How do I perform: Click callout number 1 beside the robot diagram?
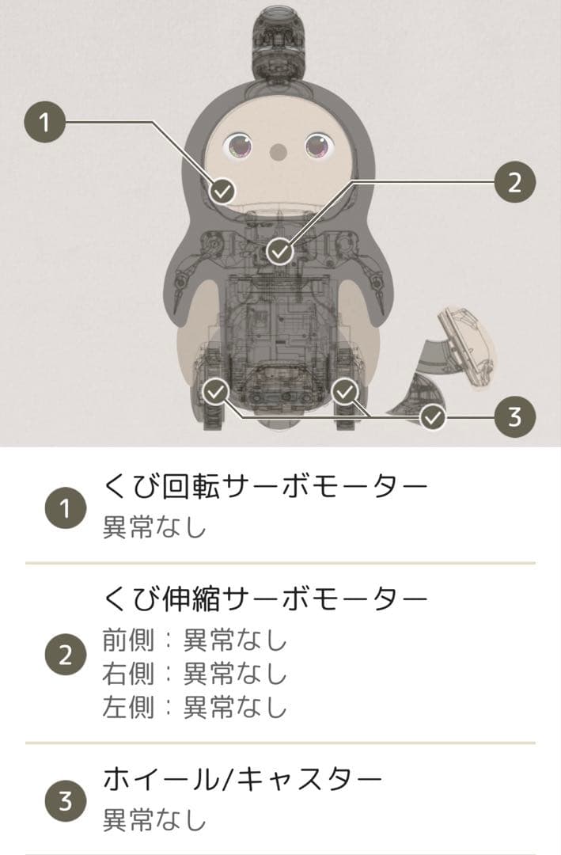pyautogui.click(x=45, y=123)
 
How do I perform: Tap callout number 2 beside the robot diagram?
pyautogui.click(x=514, y=183)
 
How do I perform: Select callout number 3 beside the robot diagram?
pyautogui.click(x=514, y=416)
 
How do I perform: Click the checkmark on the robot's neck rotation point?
pyautogui.click(x=224, y=190)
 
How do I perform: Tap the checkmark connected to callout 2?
pyautogui.click(x=279, y=252)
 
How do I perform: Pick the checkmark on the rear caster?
pyautogui.click(x=432, y=416)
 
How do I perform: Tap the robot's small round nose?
pyautogui.click(x=278, y=150)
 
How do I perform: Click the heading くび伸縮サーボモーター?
pyautogui.click(x=265, y=599)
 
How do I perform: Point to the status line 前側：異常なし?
pyautogui.click(x=195, y=639)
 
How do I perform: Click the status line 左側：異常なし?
pyautogui.click(x=195, y=707)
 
